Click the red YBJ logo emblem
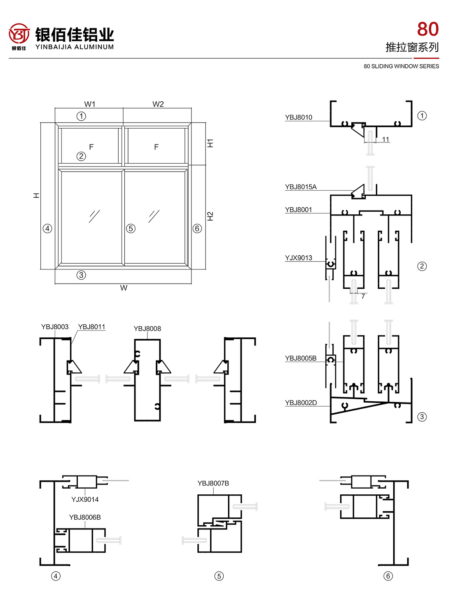click(19, 34)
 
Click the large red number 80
click(428, 29)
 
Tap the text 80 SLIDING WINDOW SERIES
click(401, 66)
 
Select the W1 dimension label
click(90, 104)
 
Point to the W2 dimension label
click(158, 104)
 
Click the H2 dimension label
click(210, 216)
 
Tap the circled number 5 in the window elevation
click(131, 228)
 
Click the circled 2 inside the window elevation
click(81, 156)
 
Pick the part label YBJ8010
click(299, 117)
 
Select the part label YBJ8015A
click(301, 187)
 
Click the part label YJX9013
click(299, 258)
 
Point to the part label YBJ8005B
click(301, 358)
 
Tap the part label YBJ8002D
click(301, 403)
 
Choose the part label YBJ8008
click(147, 329)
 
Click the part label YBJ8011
click(92, 327)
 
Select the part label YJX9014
click(85, 500)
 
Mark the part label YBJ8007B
click(213, 483)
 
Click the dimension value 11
click(385, 140)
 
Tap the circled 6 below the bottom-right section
click(388, 576)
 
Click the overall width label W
click(124, 288)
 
